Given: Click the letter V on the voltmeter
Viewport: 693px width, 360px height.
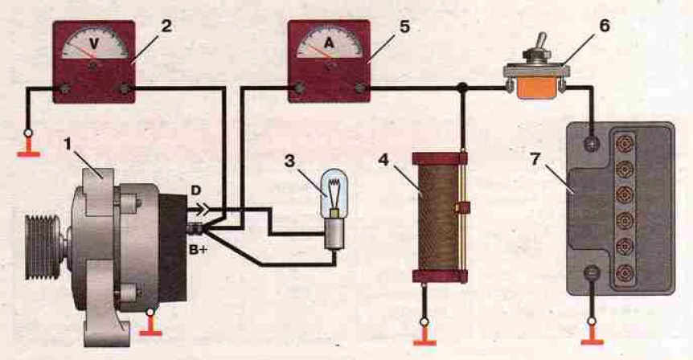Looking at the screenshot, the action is point(95,43).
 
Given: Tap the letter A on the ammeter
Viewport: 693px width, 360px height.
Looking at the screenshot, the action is point(330,43).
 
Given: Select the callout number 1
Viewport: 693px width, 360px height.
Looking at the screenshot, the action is point(68,144).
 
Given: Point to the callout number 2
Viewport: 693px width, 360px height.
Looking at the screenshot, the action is point(166,26).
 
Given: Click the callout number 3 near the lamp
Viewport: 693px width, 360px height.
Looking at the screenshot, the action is point(289,161).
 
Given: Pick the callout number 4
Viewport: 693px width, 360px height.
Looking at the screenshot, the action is point(383,160).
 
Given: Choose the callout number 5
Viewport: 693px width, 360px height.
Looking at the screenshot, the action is point(404,27).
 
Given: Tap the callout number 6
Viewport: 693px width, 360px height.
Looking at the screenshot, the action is point(605,26).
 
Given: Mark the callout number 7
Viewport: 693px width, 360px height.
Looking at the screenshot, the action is point(535,159).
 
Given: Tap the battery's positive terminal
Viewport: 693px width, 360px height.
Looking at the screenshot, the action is point(592,144).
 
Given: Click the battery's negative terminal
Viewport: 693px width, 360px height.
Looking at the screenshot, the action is point(592,272).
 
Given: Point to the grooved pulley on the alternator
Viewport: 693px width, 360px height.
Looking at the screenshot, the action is point(43,247).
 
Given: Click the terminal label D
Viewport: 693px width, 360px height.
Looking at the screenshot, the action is point(196,190).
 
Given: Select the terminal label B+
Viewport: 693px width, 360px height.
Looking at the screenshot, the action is point(199,250).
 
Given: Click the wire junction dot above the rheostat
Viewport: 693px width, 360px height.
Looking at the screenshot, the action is point(463,88).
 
